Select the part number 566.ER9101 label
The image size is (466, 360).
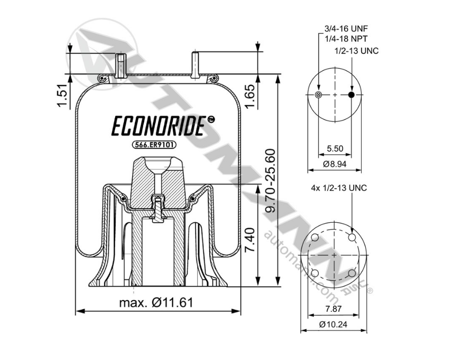point(155,145)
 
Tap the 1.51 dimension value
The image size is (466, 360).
point(62,96)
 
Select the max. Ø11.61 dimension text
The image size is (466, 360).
point(156,302)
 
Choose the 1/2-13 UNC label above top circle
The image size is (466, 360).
point(356,51)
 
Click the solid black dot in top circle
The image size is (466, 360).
point(351,95)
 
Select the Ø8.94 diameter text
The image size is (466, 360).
point(335,164)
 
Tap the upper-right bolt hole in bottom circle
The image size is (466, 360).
point(352,238)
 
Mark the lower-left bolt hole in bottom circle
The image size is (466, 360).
point(315,273)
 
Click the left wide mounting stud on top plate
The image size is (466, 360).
point(121,65)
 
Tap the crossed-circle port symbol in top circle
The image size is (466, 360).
point(318,95)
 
